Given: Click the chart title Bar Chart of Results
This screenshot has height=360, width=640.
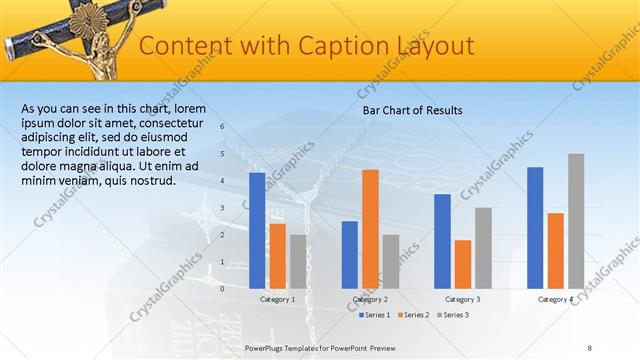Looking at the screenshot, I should click(412, 111).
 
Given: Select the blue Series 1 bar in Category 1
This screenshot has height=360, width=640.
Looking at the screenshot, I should click(257, 230).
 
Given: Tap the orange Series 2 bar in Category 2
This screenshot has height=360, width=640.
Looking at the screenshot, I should click(370, 228).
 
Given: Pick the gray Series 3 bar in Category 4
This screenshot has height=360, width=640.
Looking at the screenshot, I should click(576, 221).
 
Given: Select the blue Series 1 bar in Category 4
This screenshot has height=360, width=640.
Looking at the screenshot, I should click(535, 227).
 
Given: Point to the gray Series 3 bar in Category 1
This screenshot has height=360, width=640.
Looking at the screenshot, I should click(298, 261).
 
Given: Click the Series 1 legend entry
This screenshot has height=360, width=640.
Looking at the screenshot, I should click(375, 315).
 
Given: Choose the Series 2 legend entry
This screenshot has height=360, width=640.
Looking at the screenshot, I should click(413, 315).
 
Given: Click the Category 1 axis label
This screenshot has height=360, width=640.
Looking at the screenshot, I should click(277, 299).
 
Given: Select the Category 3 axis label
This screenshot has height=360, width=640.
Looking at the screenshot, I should click(463, 299).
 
